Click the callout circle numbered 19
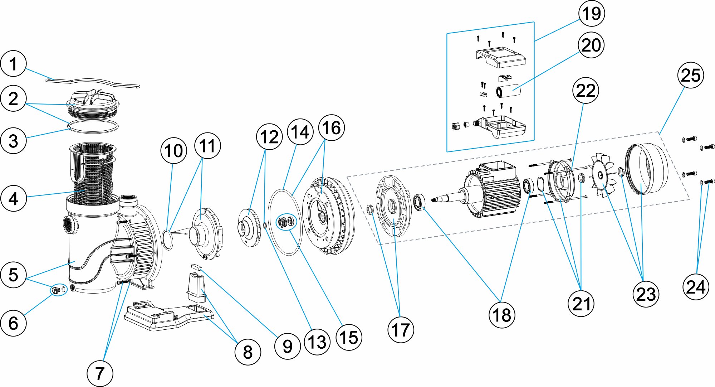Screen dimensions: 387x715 (x=592, y=14)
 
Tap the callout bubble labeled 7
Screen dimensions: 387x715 (x=100, y=373)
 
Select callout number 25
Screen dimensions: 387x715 (x=690, y=76)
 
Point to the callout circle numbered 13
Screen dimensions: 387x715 (x=317, y=342)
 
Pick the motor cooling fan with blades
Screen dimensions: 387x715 (x=603, y=175)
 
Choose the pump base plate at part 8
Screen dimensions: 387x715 (x=168, y=317)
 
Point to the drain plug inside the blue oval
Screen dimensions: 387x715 (x=55, y=290)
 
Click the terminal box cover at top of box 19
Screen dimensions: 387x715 (x=501, y=57)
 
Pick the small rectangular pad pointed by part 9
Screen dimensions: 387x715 (x=196, y=267)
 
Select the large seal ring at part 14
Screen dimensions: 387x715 (x=285, y=222)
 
